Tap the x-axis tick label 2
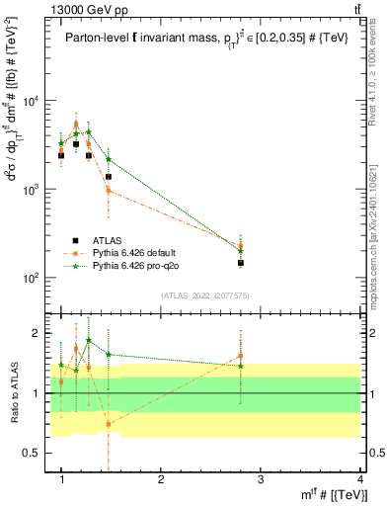tap(162, 481)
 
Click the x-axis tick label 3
tap(261, 481)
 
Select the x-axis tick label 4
tap(359, 481)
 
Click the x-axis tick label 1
tap(62, 481)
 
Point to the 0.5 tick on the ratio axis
tap(39, 453)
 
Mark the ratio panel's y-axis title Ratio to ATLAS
tap(13, 393)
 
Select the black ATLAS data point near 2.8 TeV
tap(240, 263)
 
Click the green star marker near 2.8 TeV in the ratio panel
tap(240, 366)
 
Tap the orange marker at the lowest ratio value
tap(109, 424)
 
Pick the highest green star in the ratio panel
tap(89, 341)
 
